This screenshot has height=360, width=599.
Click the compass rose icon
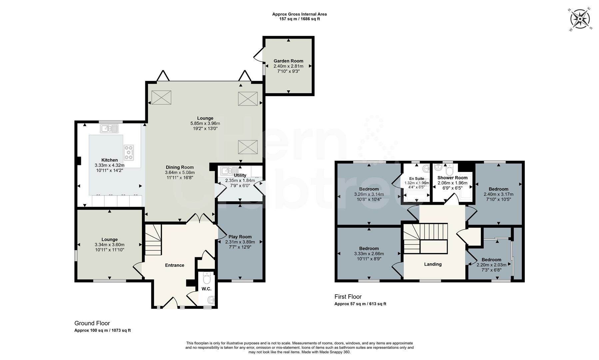[x=580, y=19]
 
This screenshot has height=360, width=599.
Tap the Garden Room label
[x=288, y=61]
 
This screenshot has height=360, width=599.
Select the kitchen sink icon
[x=109, y=128]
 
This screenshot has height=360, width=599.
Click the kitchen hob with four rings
[x=129, y=152]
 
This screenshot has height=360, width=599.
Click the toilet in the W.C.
[x=207, y=278]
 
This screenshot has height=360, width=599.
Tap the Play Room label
[x=240, y=237]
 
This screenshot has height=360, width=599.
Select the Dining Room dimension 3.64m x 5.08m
[x=180, y=172]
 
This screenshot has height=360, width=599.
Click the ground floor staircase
[x=153, y=239]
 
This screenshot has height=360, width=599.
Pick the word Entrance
[x=175, y=265]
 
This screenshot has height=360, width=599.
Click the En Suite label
[x=416, y=179]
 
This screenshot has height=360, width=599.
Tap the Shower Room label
[x=452, y=178]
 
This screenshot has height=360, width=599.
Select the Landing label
[x=433, y=264]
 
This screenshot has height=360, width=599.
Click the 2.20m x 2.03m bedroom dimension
[x=491, y=265]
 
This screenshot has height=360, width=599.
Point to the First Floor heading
[x=348, y=297]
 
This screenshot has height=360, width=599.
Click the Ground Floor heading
[x=92, y=323]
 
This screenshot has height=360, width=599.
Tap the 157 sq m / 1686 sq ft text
[x=299, y=19]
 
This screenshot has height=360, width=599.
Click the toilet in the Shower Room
[x=449, y=171]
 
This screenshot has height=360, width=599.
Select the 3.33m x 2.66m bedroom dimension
[x=369, y=254]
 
